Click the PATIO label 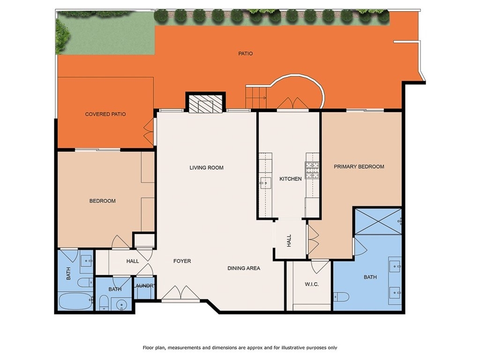(x=246, y=53)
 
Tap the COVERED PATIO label (x=105, y=114)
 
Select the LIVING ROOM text (x=206, y=168)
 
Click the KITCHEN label (x=291, y=179)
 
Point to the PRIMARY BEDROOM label (x=359, y=167)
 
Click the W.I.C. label (x=312, y=285)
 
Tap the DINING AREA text (x=244, y=269)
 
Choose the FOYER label (x=182, y=261)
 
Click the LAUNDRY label (x=144, y=286)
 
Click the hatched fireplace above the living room (x=205, y=103)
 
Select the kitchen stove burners (x=312, y=170)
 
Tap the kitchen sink (x=265, y=183)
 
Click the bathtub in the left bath (x=75, y=301)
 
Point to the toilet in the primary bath (x=341, y=297)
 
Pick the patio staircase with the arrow (x=256, y=97)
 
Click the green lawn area (x=105, y=33)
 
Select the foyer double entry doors (x=180, y=293)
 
